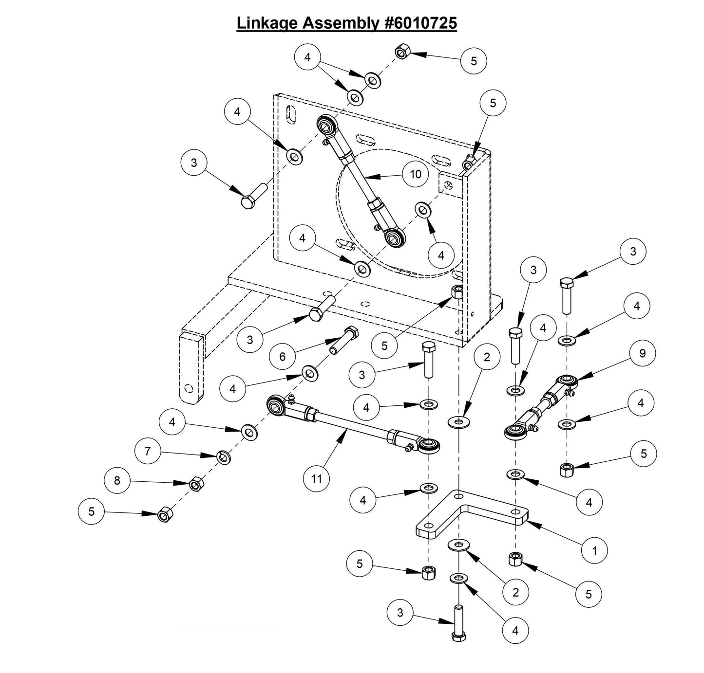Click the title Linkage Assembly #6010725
pyautogui.click(x=346, y=22)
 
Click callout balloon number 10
pyautogui.click(x=415, y=174)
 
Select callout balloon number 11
pyautogui.click(x=316, y=478)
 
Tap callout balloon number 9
pyautogui.click(x=642, y=353)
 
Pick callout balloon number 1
pyautogui.click(x=594, y=550)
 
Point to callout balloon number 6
pyautogui.click(x=282, y=356)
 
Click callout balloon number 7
pyautogui.click(x=148, y=451)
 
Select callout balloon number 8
pyautogui.click(x=117, y=480)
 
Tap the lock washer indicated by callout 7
pyautogui.click(x=224, y=457)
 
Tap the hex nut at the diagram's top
pyautogui.click(x=401, y=51)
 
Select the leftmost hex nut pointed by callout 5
pyautogui.click(x=164, y=514)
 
